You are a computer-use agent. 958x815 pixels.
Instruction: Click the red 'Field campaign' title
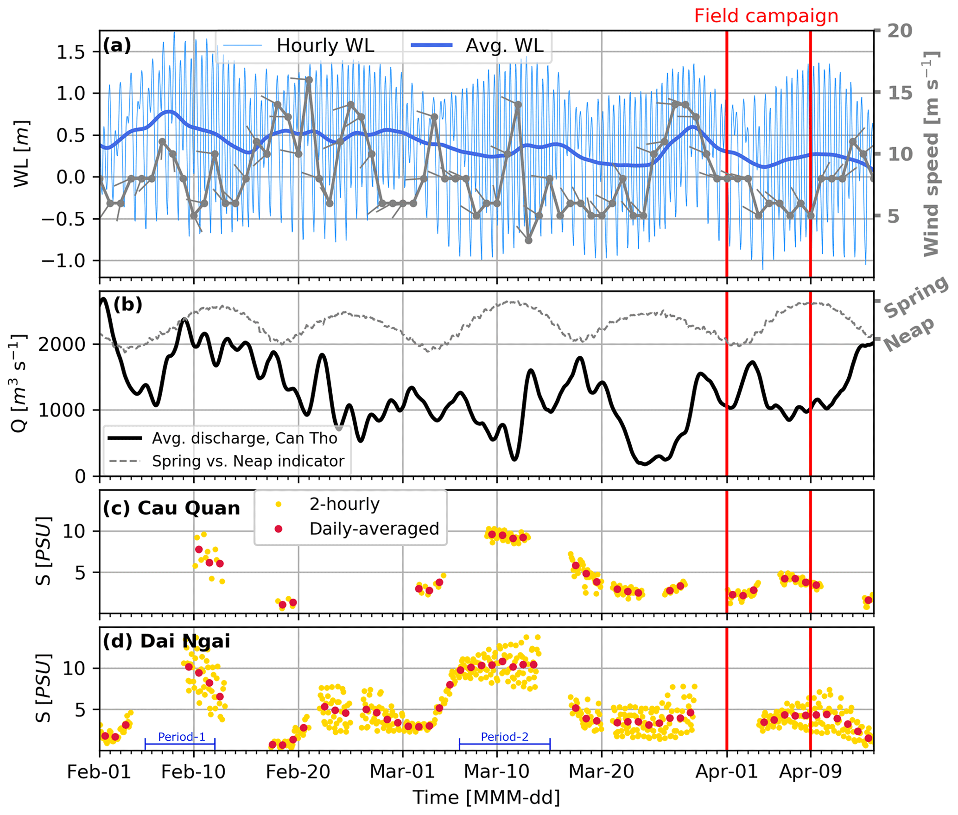766,16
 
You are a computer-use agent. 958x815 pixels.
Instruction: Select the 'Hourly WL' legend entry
325,45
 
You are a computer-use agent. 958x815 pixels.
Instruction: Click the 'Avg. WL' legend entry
504,45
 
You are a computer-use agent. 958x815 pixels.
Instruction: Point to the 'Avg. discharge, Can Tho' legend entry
244,438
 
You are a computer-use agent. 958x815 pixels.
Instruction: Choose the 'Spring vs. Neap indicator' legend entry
248,461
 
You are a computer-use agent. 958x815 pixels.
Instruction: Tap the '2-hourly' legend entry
344,504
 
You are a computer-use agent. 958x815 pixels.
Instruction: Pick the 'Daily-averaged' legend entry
374,529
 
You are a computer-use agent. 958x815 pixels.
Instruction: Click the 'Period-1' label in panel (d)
181,737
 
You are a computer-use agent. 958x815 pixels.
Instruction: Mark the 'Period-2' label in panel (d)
504,737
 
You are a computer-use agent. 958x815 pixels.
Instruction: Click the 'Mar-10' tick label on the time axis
496,771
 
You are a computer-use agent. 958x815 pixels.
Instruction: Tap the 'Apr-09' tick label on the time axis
810,771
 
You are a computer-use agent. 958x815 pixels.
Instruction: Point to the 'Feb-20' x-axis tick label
298,771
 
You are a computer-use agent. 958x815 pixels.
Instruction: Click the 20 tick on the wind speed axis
899,31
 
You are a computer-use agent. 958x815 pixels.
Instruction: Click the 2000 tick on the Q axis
62,344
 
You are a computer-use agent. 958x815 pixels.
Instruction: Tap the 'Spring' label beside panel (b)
915,297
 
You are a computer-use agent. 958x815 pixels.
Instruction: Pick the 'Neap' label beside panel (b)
908,335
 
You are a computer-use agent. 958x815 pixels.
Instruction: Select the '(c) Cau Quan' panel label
171,508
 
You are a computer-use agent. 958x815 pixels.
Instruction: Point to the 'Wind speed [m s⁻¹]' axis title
930,153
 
